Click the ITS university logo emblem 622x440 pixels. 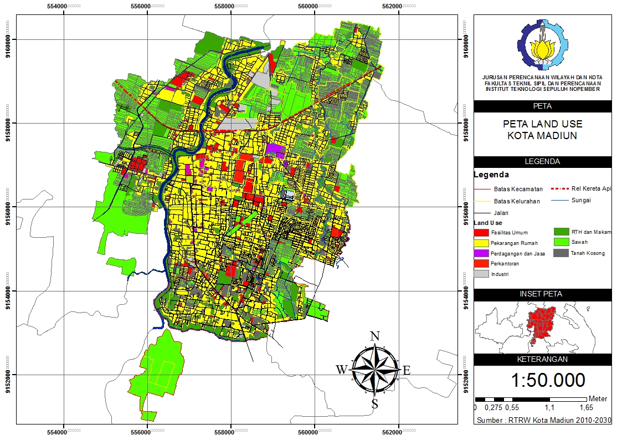pyautogui.click(x=543, y=47)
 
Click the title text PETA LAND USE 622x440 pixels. pyautogui.click(x=542, y=124)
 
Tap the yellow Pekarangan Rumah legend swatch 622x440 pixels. pyautogui.click(x=481, y=243)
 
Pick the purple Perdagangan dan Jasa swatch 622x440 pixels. pyautogui.click(x=481, y=253)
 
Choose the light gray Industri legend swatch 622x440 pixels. pyautogui.click(x=481, y=274)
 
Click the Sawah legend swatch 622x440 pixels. pyautogui.click(x=562, y=242)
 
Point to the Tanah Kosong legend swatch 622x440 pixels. pyautogui.click(x=562, y=253)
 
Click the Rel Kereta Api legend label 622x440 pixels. pyautogui.click(x=591, y=189)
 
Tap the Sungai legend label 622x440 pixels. pyautogui.click(x=580, y=200)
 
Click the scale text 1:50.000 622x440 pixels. pyautogui.click(x=548, y=380)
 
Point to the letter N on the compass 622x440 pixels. pyautogui.click(x=374, y=336)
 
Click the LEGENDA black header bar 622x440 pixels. pyautogui.click(x=542, y=162)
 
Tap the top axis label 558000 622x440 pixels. pyautogui.click(x=232, y=6)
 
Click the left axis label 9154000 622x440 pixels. pyautogui.click(x=7, y=290)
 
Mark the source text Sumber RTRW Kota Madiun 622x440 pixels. pyautogui.click(x=544, y=421)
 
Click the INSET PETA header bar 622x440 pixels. pyautogui.click(x=542, y=294)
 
